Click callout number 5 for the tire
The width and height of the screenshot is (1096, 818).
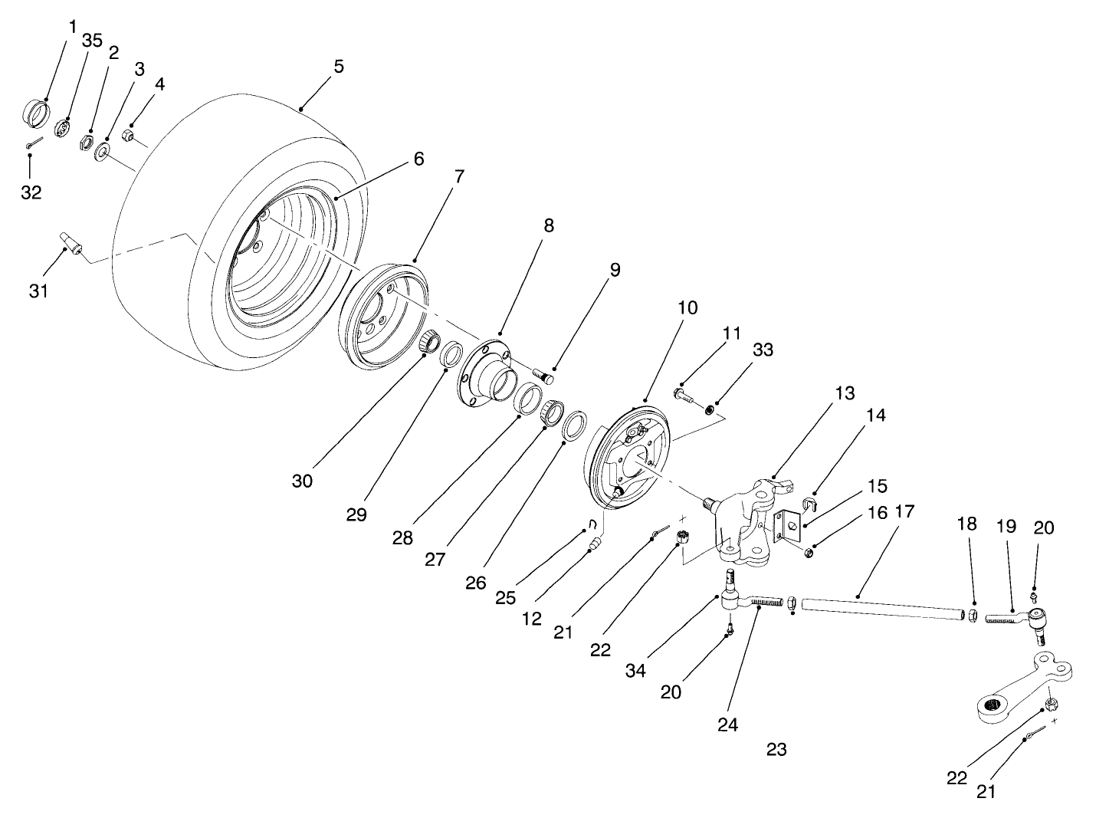[338, 66]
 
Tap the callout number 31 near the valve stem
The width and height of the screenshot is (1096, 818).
[38, 291]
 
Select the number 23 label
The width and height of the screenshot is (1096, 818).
[776, 749]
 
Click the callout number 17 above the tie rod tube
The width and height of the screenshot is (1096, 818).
[904, 511]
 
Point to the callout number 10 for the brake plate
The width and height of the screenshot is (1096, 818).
[687, 308]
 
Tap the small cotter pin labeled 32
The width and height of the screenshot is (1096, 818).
[34, 143]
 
